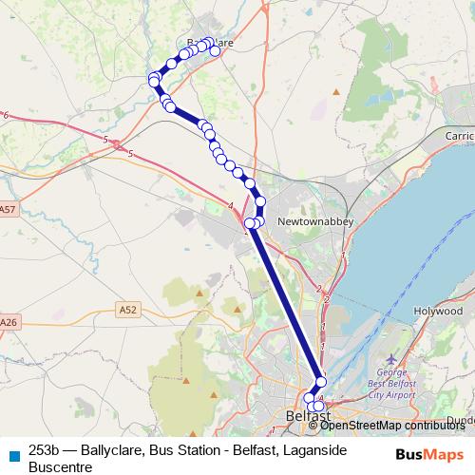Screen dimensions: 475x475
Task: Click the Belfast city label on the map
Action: click(308, 417)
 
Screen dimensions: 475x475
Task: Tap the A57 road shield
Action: click(9, 209)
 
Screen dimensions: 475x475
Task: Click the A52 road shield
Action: click(128, 309)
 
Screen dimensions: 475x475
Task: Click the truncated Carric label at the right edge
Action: click(460, 136)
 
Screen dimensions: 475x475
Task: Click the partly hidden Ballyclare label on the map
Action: click(210, 43)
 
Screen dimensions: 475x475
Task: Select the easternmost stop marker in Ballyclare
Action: click(215, 51)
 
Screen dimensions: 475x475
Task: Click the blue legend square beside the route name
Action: click(12, 452)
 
